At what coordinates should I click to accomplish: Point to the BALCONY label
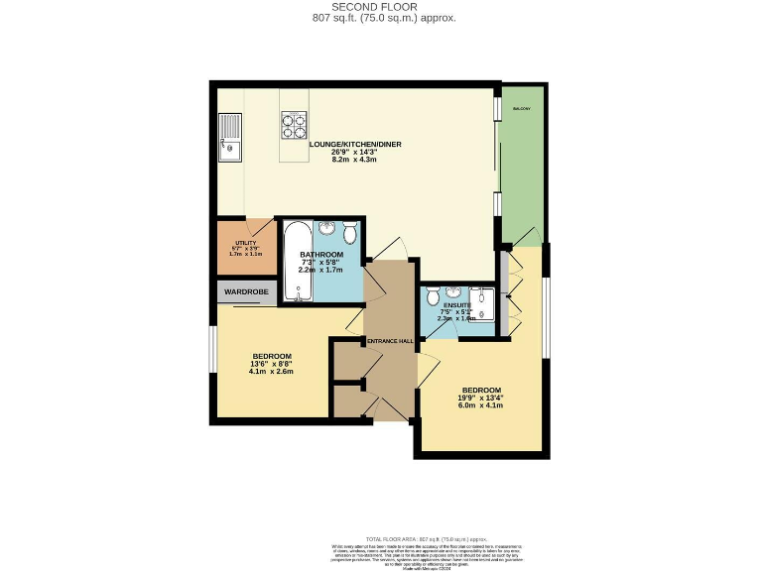(522, 108)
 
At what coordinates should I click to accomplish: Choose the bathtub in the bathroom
(296, 263)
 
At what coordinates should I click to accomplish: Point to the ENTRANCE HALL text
(390, 341)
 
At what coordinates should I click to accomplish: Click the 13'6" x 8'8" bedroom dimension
(271, 364)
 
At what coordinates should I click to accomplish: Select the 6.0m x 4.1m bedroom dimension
(480, 405)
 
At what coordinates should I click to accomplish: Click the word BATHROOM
(320, 255)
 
